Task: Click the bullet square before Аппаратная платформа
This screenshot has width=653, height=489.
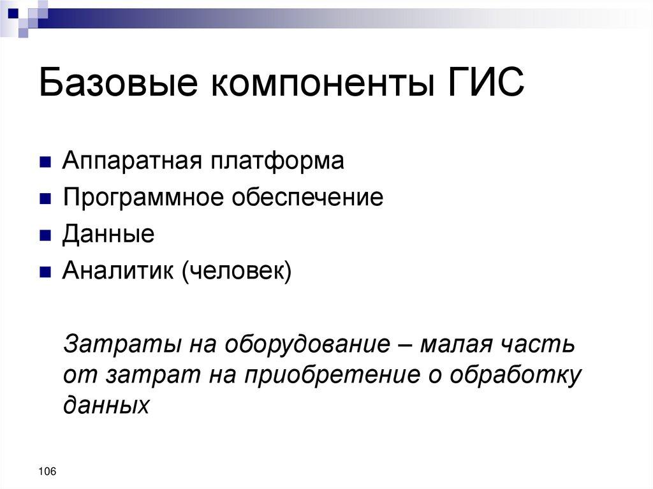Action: (45, 162)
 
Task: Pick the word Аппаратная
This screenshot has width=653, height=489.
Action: (131, 161)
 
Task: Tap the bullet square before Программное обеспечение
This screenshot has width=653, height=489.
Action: (45, 199)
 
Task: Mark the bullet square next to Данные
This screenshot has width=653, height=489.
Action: (45, 236)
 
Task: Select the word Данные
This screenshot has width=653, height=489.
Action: (108, 235)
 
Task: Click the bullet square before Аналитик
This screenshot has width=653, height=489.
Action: (45, 273)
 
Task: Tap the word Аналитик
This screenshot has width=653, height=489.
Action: (118, 272)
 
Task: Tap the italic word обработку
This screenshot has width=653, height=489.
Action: (517, 375)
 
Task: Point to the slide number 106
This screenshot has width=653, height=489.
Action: (47, 471)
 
